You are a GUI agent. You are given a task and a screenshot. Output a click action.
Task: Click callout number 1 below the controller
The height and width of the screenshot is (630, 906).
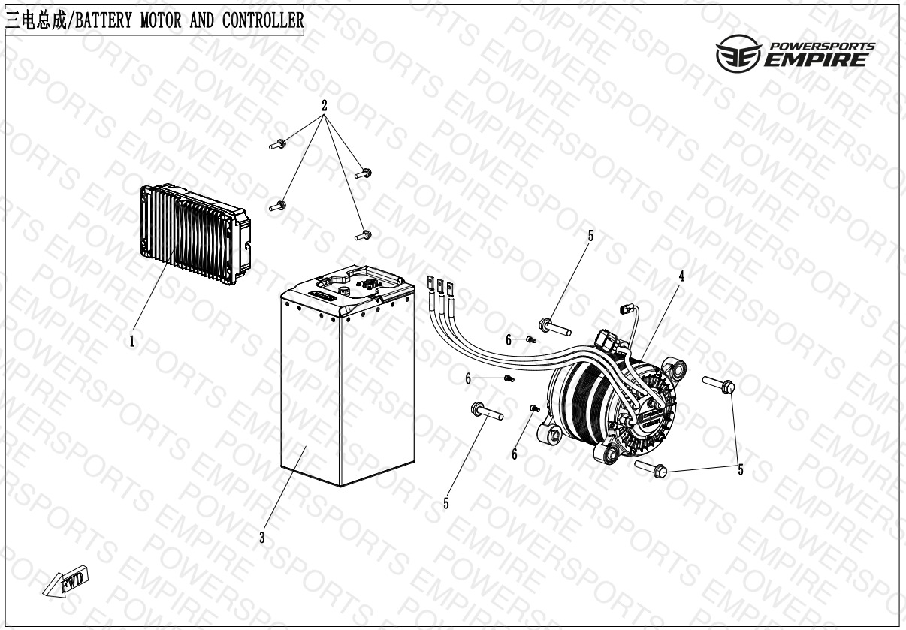pyautogui.click(x=132, y=342)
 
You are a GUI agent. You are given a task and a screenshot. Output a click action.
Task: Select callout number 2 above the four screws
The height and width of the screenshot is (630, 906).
pyautogui.click(x=324, y=106)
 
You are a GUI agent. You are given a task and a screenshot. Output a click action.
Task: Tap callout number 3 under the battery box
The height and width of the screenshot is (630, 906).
pyautogui.click(x=262, y=538)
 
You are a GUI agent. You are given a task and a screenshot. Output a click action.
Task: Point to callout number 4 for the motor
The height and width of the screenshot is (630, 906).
pyautogui.click(x=681, y=276)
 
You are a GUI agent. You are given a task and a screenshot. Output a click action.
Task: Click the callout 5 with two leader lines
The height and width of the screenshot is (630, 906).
pyautogui.click(x=741, y=470)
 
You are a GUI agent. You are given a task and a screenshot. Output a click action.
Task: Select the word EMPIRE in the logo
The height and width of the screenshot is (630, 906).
pyautogui.click(x=815, y=60)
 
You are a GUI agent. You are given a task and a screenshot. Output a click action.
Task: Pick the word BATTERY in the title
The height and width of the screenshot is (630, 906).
pyautogui.click(x=104, y=20)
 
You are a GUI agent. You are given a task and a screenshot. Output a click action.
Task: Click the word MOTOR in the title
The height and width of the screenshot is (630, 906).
pyautogui.click(x=161, y=20)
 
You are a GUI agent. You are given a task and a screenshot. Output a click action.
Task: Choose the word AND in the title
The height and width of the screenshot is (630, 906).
pyautogui.click(x=202, y=20)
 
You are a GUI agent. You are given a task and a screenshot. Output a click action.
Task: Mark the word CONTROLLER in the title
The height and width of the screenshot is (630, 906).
pyautogui.click(x=263, y=20)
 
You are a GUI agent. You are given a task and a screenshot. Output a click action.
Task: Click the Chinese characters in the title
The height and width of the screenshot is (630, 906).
pyautogui.click(x=36, y=20)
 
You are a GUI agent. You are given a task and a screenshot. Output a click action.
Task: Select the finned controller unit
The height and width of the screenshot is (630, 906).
pyautogui.click(x=195, y=234)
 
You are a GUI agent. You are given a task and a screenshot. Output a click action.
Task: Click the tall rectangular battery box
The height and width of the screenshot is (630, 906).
pyautogui.click(x=348, y=375)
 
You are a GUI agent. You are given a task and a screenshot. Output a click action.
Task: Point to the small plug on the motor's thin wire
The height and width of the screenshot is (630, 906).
pyautogui.click(x=625, y=310)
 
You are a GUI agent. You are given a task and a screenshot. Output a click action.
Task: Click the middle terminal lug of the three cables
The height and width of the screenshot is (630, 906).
pyautogui.click(x=440, y=287)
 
